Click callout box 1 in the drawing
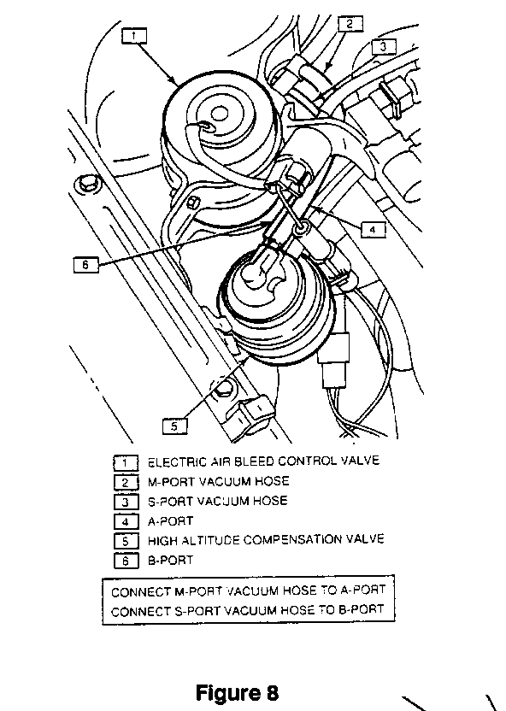134,36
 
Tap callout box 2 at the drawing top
350,24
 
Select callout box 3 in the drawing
384,47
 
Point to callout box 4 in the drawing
374,230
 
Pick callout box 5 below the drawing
174,426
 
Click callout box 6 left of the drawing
85,264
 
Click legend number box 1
126,463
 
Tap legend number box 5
126,541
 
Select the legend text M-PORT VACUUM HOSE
218,482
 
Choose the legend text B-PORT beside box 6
170,560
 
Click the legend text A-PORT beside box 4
170,521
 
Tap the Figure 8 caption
237,693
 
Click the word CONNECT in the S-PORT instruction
140,612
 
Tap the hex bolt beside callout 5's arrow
222,389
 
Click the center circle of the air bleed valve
220,114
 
